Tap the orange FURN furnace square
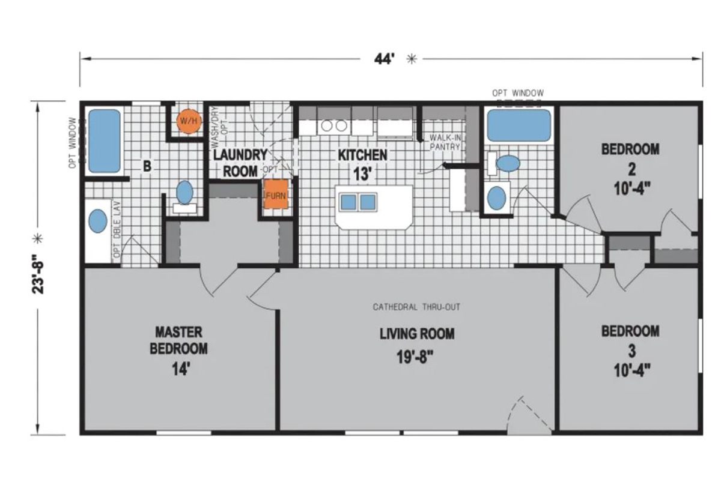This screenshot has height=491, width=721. [x=276, y=196]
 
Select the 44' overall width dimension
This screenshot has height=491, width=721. [x=385, y=59]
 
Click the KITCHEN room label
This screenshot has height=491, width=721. [x=362, y=155]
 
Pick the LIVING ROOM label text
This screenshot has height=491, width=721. [x=416, y=334]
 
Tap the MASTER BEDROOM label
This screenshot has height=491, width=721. [x=178, y=340]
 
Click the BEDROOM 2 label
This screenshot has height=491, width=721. [x=630, y=149]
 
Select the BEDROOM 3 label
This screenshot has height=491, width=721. [x=630, y=331]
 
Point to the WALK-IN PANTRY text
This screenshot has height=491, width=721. [x=445, y=142]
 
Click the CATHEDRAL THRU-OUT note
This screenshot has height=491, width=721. [x=416, y=307]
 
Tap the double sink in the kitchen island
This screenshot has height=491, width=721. [x=358, y=202]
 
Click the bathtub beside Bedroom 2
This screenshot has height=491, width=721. [x=519, y=125]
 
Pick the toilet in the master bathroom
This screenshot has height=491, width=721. [x=184, y=193]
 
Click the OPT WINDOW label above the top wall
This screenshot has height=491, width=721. [x=517, y=93]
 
